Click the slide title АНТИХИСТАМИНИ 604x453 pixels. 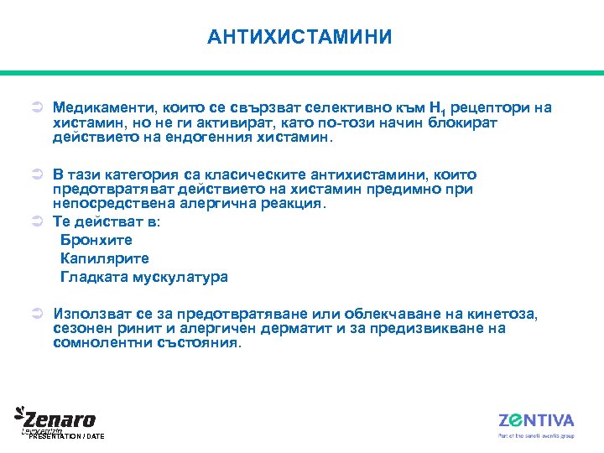tap(299, 37)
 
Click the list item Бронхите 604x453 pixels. tap(96, 240)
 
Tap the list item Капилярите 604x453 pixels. tap(105, 258)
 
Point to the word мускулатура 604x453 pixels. tap(180, 277)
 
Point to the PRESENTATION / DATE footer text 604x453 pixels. tap(66, 437)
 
